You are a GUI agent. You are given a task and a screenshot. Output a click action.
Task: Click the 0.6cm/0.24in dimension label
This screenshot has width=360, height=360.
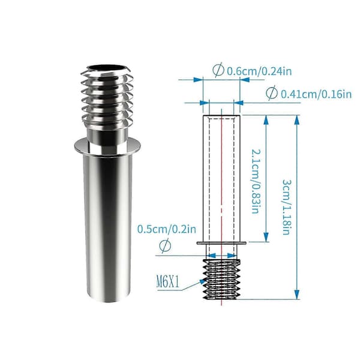(259, 71)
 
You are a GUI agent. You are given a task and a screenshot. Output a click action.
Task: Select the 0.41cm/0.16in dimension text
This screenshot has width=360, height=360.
(316, 94)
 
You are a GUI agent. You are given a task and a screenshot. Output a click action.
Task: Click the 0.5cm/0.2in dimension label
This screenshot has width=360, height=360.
(167, 229)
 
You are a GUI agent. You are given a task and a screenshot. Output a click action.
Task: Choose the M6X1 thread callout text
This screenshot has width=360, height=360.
(167, 282)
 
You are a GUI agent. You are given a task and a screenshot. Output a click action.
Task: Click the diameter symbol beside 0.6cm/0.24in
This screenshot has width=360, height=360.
(218, 70)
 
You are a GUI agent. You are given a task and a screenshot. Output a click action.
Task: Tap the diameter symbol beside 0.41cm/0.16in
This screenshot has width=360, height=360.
(272, 93)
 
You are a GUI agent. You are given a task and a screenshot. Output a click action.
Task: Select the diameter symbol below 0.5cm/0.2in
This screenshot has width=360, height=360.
(165, 245)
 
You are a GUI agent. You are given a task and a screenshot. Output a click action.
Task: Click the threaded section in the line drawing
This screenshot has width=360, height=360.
(222, 279)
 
